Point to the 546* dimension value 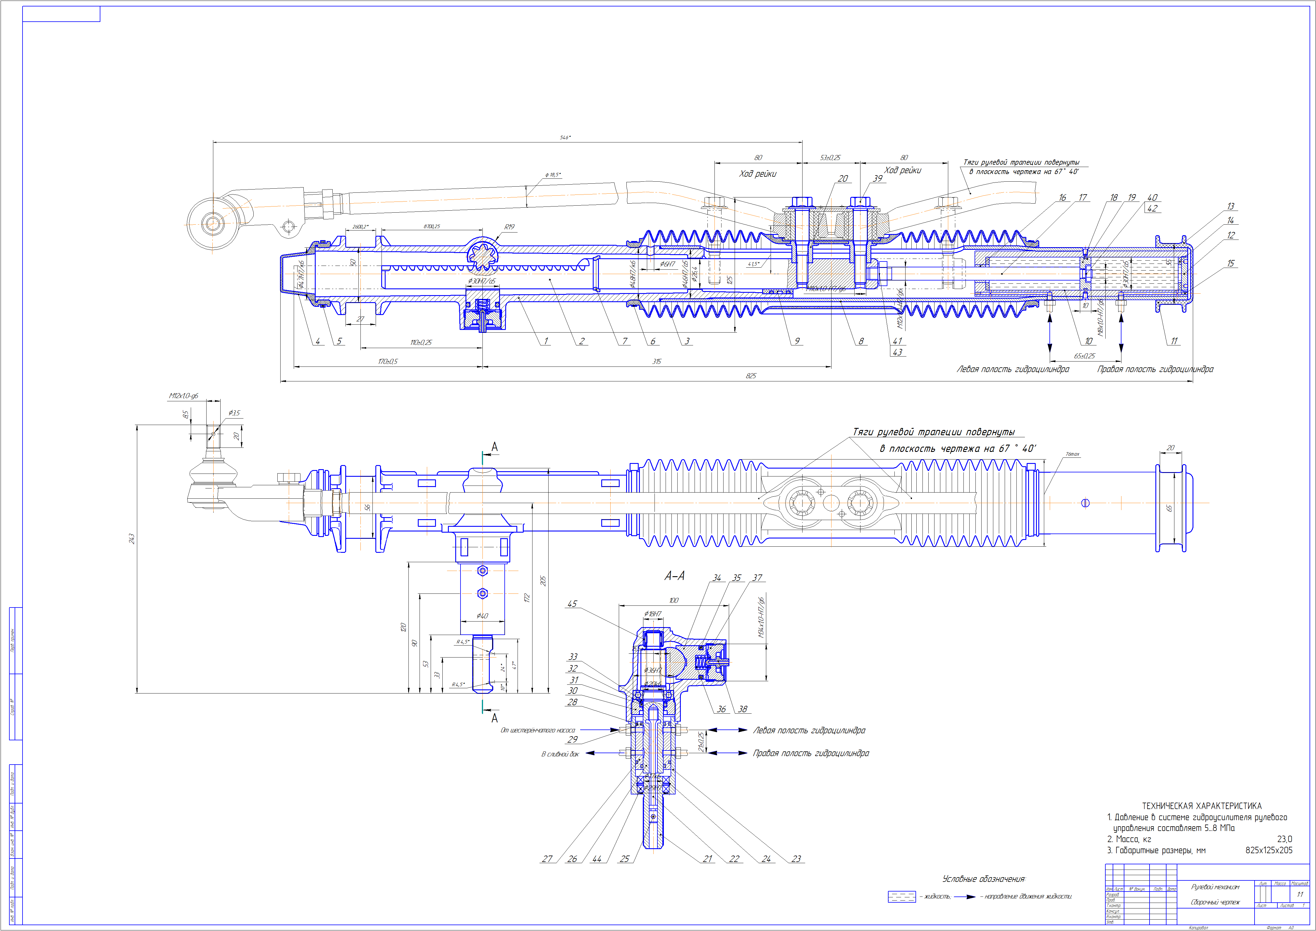pos(565,137)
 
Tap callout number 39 pos(877,178)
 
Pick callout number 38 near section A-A pos(743,709)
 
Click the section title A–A pos(674,576)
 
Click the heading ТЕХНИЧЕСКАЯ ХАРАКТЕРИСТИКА pos(1201,806)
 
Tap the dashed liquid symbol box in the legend pos(901,896)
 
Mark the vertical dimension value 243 pos(131,539)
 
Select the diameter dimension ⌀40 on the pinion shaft pos(482,616)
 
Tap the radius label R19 pos(509,227)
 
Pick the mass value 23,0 pos(1284,839)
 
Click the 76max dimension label pos(1072,454)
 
